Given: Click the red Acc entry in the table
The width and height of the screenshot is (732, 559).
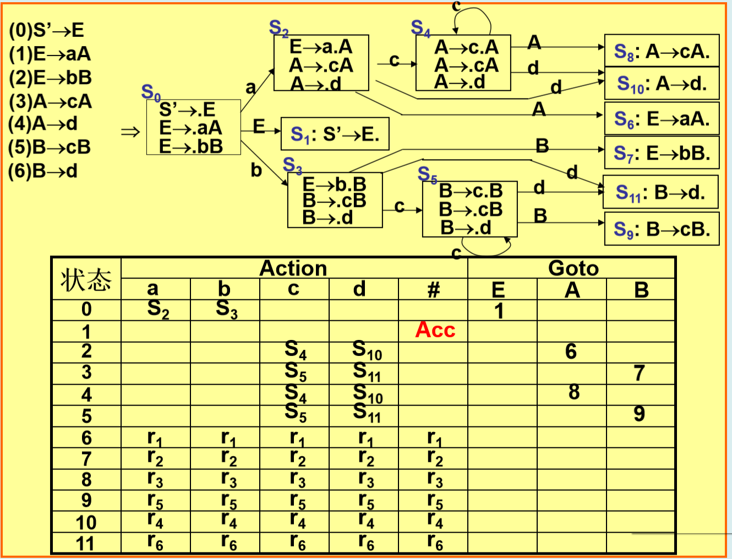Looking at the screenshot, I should [435, 330].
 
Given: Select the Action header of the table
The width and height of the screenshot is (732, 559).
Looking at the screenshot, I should [293, 268].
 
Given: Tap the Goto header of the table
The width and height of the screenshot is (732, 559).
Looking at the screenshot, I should [573, 268].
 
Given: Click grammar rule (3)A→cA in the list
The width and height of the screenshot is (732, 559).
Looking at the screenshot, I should [50, 102].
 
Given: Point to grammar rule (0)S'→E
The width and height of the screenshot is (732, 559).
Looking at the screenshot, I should [47, 30].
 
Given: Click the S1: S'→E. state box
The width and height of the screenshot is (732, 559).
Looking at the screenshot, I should [335, 134].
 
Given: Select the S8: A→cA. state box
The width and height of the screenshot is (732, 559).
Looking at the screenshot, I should [662, 51].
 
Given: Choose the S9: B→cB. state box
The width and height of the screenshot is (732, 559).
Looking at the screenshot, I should [662, 229].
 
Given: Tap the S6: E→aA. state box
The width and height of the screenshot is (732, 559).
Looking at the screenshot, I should [662, 118].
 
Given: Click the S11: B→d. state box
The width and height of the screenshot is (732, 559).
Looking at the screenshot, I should [660, 192].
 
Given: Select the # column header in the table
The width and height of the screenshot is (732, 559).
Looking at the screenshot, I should [434, 289].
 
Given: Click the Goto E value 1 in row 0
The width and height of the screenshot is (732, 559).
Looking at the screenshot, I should [499, 311].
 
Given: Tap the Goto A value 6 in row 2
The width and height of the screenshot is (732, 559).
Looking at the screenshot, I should [571, 352].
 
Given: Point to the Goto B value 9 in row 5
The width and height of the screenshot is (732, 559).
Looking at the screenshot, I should [639, 414].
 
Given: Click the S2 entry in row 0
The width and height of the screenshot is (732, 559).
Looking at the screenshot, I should [158, 310].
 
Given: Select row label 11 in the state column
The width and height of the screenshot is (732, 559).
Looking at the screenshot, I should [85, 544].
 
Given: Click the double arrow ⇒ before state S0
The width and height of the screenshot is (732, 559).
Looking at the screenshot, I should [130, 132].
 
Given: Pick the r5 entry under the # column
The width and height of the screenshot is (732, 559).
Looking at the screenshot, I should [435, 501].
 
